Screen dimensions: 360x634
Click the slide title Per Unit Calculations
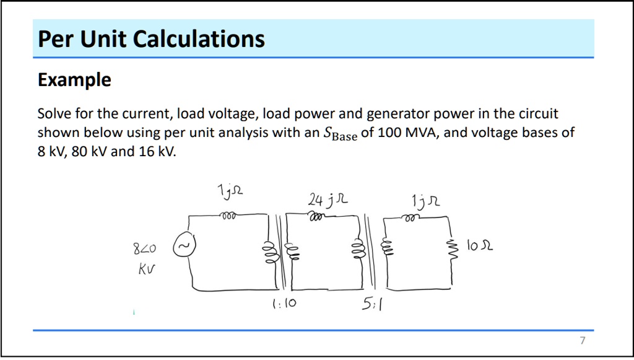[x=151, y=39]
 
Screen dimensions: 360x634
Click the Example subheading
[x=74, y=80]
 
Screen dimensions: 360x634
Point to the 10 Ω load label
[x=480, y=247]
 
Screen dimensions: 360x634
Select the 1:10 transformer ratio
[x=284, y=304]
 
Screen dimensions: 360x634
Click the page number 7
[x=582, y=341]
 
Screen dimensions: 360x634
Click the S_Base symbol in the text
[x=340, y=134]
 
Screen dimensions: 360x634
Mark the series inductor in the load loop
[x=409, y=217]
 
